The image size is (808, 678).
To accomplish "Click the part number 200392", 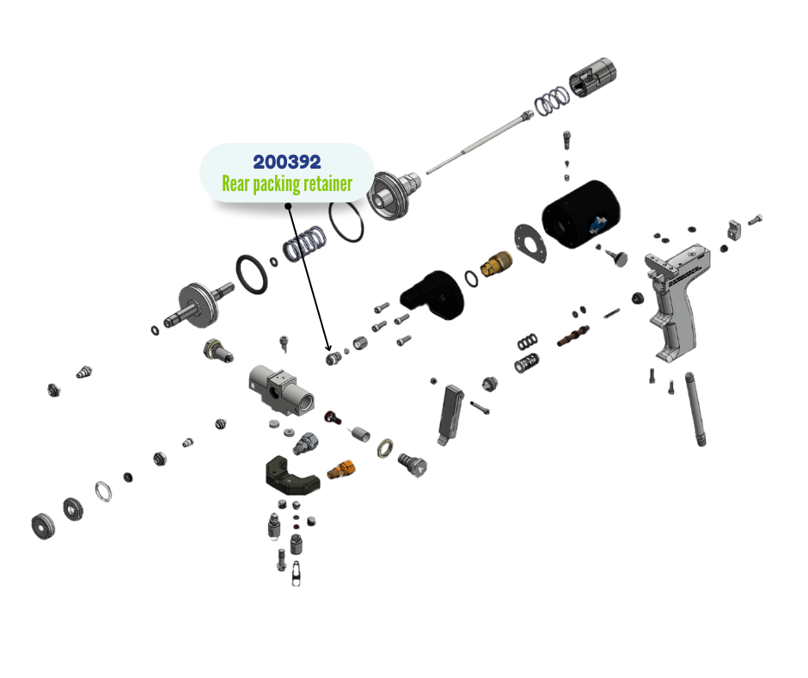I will [x=287, y=162].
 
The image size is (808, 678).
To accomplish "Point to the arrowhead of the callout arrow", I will [x=327, y=349].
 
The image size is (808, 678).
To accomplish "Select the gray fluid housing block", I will [x=279, y=387].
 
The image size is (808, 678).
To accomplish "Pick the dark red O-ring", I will [x=329, y=417].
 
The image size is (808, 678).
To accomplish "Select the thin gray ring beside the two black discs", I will [x=103, y=493].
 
